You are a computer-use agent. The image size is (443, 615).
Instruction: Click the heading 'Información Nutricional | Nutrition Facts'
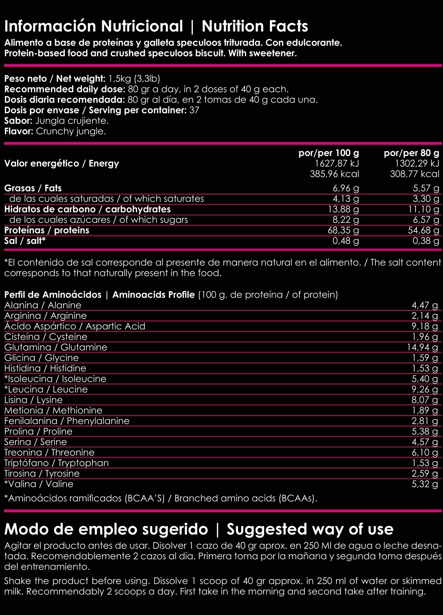tap(156, 26)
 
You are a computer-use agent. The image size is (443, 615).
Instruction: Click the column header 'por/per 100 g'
tap(329, 153)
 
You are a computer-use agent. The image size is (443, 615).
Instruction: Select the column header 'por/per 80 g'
tap(411, 153)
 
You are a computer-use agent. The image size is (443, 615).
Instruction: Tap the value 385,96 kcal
tap(334, 174)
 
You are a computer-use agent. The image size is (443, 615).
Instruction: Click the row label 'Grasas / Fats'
tap(33, 188)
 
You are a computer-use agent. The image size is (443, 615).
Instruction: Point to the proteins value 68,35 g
tap(343, 230)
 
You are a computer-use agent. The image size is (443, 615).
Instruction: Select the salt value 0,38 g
tap(426, 241)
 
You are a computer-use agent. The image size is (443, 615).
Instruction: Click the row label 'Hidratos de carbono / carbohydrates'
tap(87, 209)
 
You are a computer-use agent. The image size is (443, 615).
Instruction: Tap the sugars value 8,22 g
tap(345, 220)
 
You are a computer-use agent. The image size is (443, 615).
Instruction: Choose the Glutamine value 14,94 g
tap(422, 347)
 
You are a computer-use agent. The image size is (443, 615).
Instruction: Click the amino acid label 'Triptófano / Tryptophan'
tap(57, 463)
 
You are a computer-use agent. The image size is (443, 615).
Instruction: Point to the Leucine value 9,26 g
tap(425, 389)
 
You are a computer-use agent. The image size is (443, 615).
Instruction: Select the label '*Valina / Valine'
tap(39, 484)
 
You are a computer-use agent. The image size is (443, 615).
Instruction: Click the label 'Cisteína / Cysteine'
tap(46, 337)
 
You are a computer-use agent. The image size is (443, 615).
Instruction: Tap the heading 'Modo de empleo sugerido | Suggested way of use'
tap(199, 529)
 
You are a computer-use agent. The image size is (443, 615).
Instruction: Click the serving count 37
tap(194, 110)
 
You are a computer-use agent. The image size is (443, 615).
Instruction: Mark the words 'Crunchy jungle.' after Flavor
tap(71, 131)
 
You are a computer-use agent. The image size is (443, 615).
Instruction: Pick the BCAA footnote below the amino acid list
tap(160, 498)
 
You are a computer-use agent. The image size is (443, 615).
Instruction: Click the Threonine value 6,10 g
tap(425, 452)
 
